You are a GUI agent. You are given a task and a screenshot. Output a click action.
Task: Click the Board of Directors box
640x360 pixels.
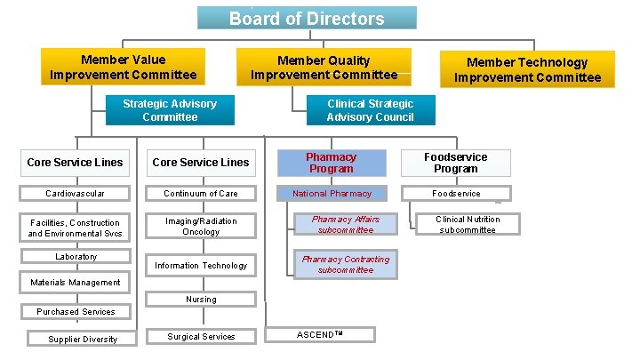(x=307, y=18)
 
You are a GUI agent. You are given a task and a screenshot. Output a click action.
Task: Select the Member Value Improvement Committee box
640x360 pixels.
(x=124, y=68)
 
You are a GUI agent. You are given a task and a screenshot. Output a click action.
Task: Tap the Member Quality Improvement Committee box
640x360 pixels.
(x=324, y=68)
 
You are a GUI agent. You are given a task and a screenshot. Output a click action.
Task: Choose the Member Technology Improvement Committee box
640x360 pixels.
(x=527, y=69)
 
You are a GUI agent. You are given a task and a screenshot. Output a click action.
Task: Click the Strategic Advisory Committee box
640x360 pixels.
(x=170, y=110)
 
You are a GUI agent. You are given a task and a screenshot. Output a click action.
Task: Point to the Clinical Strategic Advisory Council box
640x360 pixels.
(x=370, y=110)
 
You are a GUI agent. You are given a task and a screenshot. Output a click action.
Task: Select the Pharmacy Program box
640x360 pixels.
(x=332, y=163)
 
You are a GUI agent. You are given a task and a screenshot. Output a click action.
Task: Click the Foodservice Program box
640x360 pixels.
(x=456, y=163)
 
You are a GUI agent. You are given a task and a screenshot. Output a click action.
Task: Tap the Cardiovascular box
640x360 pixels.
(x=75, y=194)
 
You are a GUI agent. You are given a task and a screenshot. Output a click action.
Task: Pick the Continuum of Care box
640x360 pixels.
(x=201, y=194)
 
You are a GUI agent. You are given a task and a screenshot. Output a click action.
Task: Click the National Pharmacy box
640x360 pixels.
(x=332, y=193)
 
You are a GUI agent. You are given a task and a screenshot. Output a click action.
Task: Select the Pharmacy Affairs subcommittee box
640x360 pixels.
(x=345, y=225)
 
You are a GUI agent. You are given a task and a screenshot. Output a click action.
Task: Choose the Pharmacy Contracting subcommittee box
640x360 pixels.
(x=345, y=265)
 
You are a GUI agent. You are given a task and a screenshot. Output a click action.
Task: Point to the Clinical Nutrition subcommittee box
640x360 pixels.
(x=467, y=224)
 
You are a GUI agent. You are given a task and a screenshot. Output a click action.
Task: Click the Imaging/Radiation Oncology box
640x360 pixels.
(x=201, y=227)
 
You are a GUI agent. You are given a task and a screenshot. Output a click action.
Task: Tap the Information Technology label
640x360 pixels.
(x=201, y=266)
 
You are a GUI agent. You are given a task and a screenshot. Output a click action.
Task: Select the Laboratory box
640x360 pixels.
(x=76, y=257)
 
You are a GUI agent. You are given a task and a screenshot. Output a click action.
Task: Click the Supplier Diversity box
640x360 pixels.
(x=83, y=339)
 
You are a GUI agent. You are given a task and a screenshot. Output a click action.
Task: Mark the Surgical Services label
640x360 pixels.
(x=201, y=336)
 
